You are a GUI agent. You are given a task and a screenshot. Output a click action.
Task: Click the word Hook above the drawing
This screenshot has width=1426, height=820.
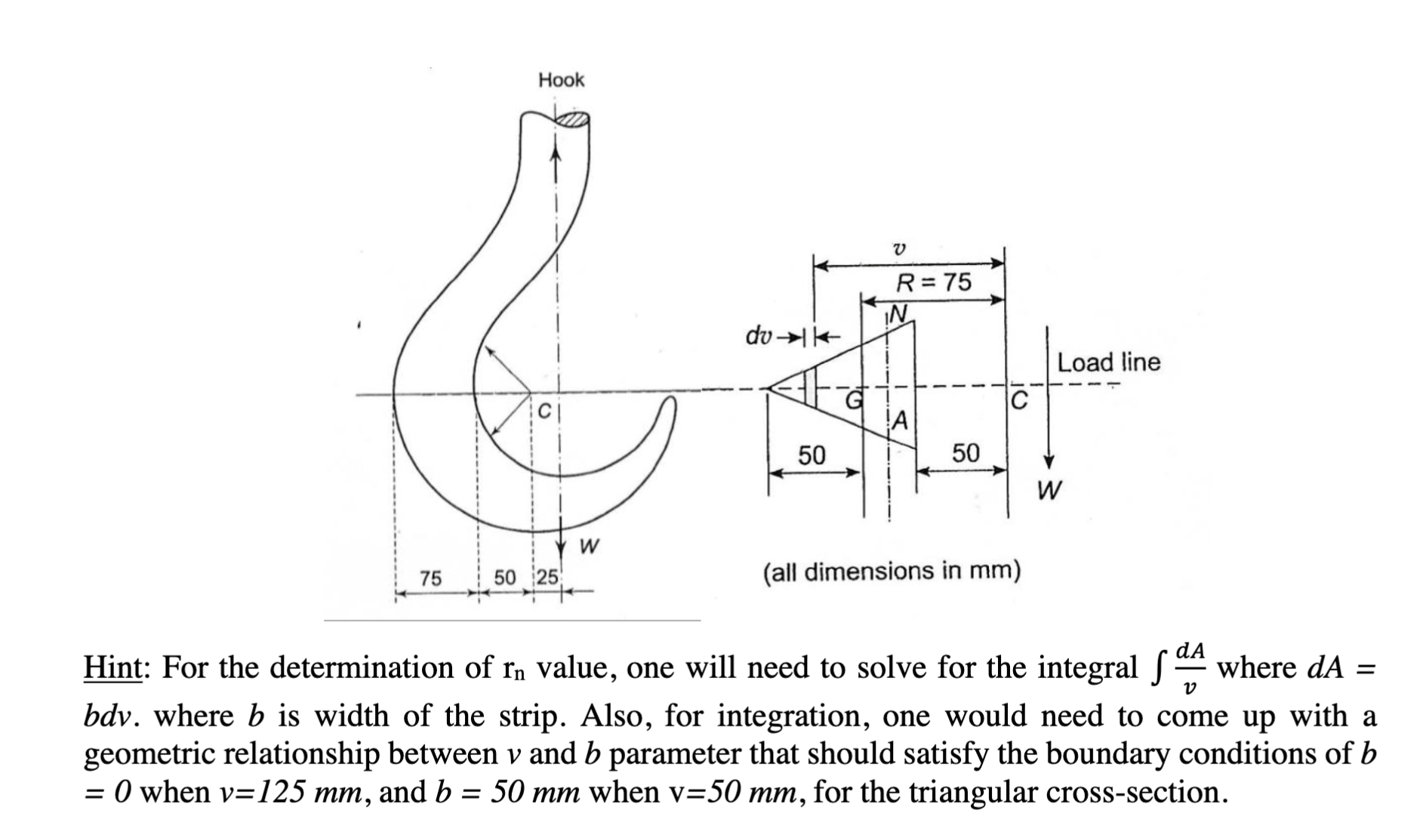click(561, 80)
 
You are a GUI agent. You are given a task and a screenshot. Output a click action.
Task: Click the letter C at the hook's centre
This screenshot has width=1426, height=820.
click(544, 412)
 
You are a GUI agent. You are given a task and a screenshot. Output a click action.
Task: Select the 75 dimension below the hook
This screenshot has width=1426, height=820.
click(430, 578)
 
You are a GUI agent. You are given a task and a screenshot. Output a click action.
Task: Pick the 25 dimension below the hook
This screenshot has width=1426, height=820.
click(547, 578)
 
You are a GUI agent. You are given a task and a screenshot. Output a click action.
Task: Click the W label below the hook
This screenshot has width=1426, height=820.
click(590, 546)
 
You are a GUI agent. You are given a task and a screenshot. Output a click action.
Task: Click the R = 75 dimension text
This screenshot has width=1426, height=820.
click(933, 282)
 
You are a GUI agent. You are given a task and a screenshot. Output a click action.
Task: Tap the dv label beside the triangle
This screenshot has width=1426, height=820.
click(759, 334)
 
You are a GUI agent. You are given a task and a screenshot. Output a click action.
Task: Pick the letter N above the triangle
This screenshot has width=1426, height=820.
click(898, 313)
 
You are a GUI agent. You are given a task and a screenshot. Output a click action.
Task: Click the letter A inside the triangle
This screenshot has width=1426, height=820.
click(901, 420)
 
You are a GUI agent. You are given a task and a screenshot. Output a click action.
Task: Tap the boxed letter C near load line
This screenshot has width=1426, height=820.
click(1018, 400)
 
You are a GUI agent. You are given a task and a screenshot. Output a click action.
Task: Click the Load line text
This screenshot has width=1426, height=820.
click(1107, 362)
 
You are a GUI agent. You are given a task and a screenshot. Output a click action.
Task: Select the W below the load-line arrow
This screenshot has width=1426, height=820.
click(1049, 491)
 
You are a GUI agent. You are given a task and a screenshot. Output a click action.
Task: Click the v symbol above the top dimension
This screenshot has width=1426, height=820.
click(898, 248)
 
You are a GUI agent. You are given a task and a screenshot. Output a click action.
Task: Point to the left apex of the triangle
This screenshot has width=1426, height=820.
click(768, 388)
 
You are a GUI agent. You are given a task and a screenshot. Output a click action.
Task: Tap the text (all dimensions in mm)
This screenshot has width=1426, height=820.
click(892, 572)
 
